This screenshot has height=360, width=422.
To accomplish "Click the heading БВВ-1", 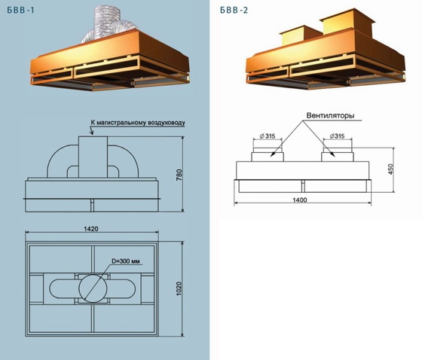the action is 21,11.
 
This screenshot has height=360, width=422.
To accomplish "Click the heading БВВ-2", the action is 234,11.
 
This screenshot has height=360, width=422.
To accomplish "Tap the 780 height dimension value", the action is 179,175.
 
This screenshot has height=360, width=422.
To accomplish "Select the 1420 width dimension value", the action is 91,229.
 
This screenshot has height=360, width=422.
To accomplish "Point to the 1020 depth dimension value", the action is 179,288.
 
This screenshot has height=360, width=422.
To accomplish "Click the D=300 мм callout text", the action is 126,261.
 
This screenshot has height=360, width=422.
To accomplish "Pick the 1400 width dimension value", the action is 300,200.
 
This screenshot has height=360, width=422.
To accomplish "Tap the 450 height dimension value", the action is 391,169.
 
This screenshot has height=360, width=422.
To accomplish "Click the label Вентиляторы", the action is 330,116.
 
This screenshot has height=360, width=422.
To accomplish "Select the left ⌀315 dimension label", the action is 268,136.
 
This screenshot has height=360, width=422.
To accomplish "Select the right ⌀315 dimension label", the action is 337,136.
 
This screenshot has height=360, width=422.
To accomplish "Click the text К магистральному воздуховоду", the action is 138,123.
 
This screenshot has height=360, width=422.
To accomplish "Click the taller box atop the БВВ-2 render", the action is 347,22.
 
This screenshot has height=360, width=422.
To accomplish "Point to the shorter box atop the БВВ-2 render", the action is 300,36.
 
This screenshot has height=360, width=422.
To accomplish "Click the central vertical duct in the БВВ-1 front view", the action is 93,157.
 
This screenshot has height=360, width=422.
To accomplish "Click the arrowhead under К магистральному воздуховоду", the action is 92,133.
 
